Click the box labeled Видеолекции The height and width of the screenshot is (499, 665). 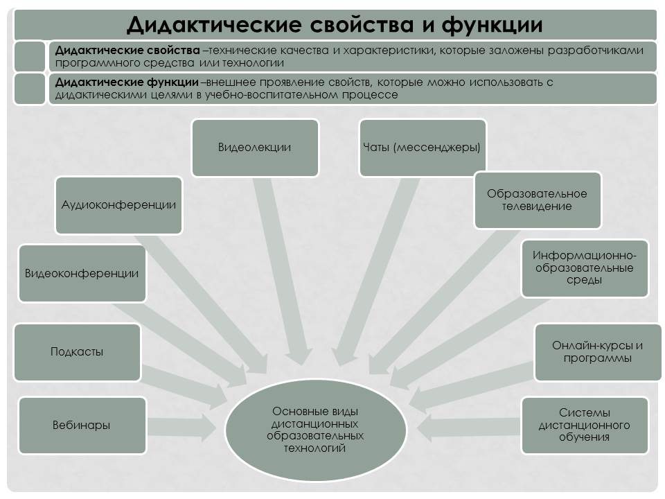255,148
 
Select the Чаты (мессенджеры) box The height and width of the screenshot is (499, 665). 421,148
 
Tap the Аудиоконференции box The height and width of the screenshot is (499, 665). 118,205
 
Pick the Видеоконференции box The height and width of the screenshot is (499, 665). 82,273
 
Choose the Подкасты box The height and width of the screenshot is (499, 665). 77,352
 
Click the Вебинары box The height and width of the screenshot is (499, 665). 82,426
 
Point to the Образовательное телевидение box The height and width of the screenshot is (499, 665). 537,200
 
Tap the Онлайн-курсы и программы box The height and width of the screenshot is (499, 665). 597,352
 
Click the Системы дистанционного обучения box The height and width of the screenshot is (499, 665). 584,426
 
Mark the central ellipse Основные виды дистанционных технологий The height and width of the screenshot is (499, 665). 315,430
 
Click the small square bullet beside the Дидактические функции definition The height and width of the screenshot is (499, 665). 29,89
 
